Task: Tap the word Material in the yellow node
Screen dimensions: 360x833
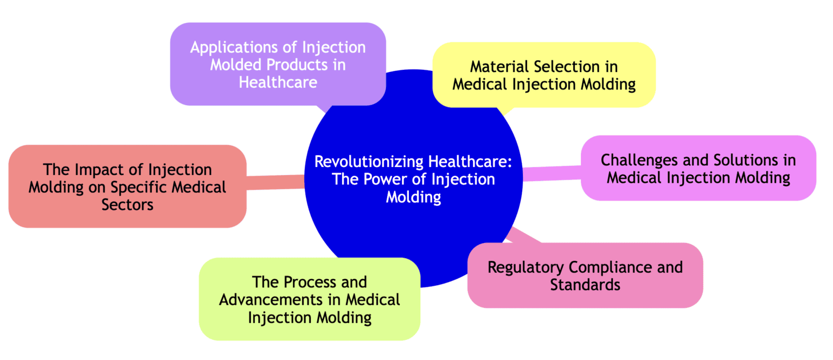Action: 499,67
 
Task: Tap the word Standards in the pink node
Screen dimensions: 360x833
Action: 585,285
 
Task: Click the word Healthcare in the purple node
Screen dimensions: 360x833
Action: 278,82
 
